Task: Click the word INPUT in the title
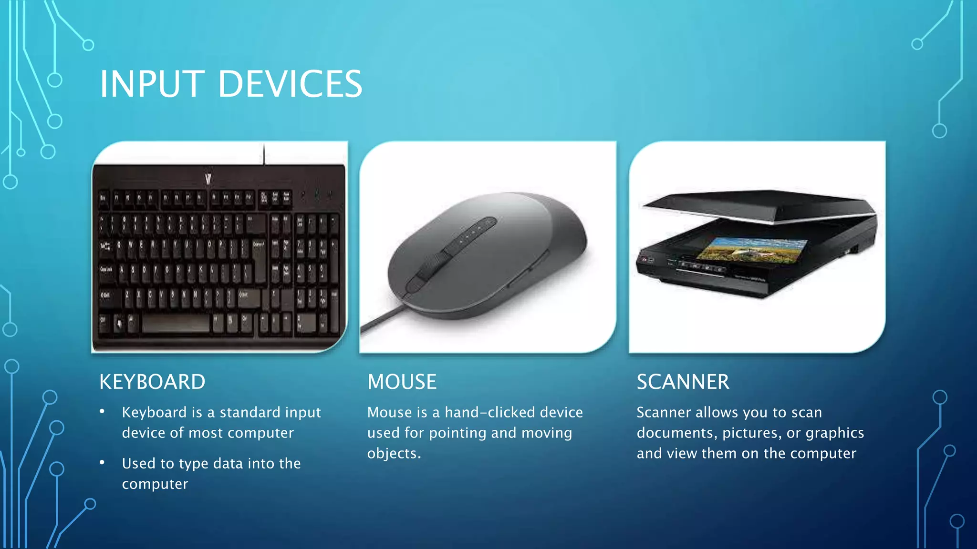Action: click(152, 84)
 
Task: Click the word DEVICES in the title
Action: click(290, 84)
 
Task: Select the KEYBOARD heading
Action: click(152, 382)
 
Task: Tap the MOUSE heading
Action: click(402, 382)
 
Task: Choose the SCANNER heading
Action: click(683, 382)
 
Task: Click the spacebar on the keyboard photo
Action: click(175, 324)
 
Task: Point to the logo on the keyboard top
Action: click(208, 179)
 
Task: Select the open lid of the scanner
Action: click(759, 205)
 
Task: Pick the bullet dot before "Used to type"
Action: click(102, 462)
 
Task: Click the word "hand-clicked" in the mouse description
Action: click(514, 412)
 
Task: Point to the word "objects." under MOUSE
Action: click(394, 453)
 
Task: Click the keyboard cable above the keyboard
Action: click(264, 153)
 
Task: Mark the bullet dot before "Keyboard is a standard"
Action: click(102, 411)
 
